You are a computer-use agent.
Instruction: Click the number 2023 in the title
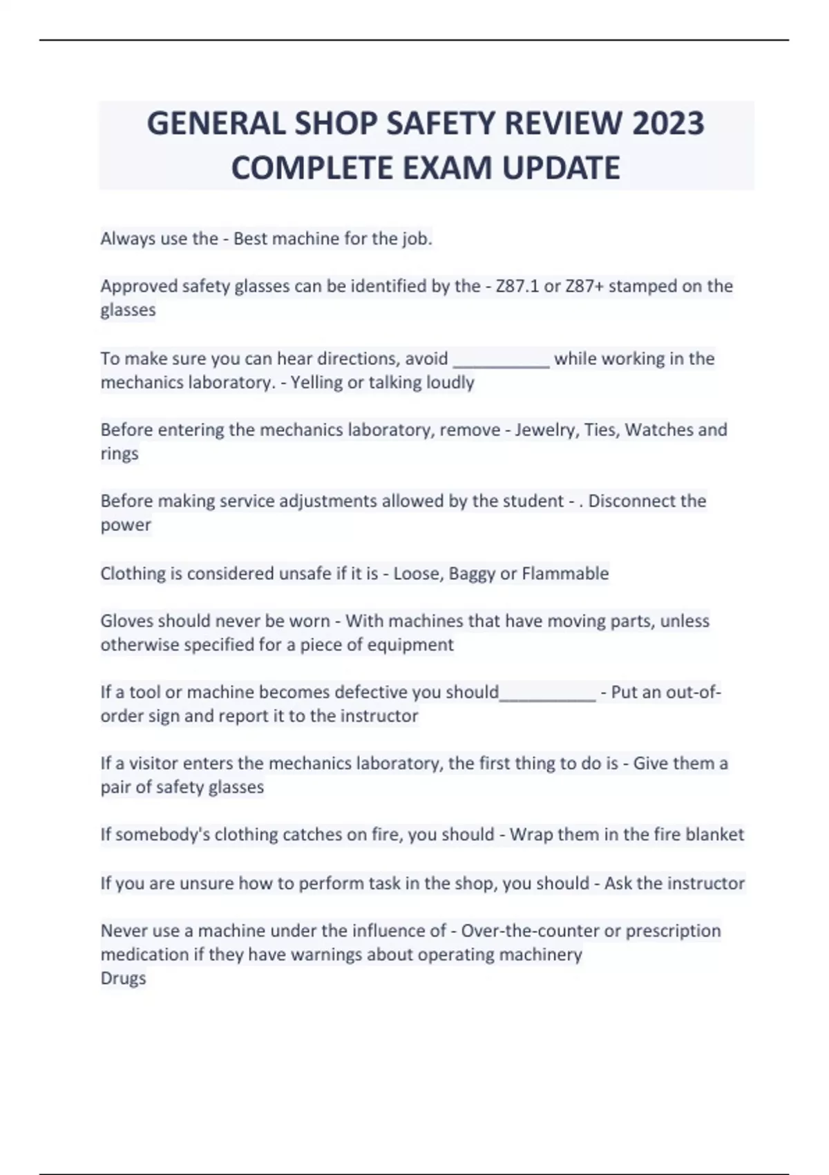pyautogui.click(x=668, y=124)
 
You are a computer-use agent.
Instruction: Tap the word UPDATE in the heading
pyautogui.click(x=561, y=168)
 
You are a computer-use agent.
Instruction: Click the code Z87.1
pyautogui.click(x=517, y=285)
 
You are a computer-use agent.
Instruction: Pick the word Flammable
pyautogui.click(x=565, y=574)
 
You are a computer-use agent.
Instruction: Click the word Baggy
pyautogui.click(x=471, y=574)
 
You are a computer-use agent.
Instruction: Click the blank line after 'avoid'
pyautogui.click(x=501, y=361)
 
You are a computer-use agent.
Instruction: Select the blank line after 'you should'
pyautogui.click(x=547, y=694)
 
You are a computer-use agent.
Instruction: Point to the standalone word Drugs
pyautogui.click(x=124, y=978)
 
